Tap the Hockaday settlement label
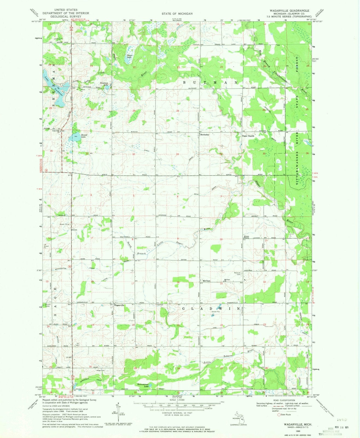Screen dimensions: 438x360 (x=205, y=135)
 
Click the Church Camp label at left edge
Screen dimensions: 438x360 (x=48, y=306)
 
